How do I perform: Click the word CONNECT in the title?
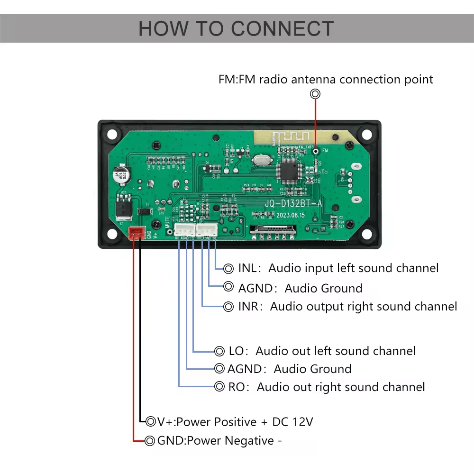tap(283, 29)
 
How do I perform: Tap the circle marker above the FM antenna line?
tap(315, 94)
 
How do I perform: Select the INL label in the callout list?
tap(247, 268)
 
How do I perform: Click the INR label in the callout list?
tap(248, 307)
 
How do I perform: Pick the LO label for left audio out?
tap(236, 351)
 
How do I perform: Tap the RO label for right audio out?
tap(236, 387)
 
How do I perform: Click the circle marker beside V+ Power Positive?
tap(151, 421)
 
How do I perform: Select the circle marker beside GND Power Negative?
tap(150, 441)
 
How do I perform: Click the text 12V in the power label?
tap(303, 422)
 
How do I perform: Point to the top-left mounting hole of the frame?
tap(111, 134)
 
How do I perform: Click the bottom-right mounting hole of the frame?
tap(366, 234)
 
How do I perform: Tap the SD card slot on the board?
tap(271, 233)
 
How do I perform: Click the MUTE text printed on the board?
tap(168, 223)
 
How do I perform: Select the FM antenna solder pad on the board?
tap(315, 151)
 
